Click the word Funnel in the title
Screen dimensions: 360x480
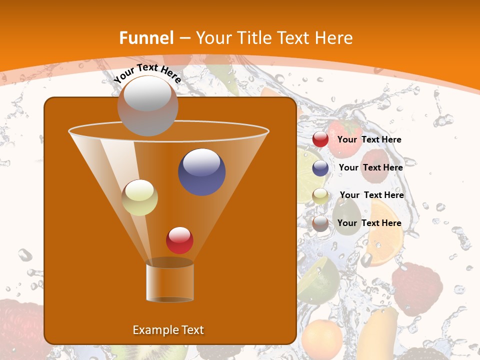pos(146,37)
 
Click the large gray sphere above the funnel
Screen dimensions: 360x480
pos(147,106)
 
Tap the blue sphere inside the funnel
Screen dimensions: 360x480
pos(202,171)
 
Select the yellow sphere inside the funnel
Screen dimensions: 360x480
pos(140,197)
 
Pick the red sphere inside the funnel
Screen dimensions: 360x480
pos(179,240)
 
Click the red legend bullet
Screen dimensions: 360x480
pos(320,139)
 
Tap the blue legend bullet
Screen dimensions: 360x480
pos(320,168)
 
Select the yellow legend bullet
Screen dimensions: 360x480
pos(320,195)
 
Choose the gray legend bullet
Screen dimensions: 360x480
pos(320,223)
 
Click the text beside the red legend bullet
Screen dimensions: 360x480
pos(369,139)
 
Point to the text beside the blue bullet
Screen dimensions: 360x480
pos(370,167)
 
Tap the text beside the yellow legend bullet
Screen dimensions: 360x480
pos(371,195)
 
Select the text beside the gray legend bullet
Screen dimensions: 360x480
pos(369,223)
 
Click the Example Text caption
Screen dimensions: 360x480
pos(168,330)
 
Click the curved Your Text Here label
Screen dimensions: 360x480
pos(147,73)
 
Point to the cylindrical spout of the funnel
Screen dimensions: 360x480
pos(170,282)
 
